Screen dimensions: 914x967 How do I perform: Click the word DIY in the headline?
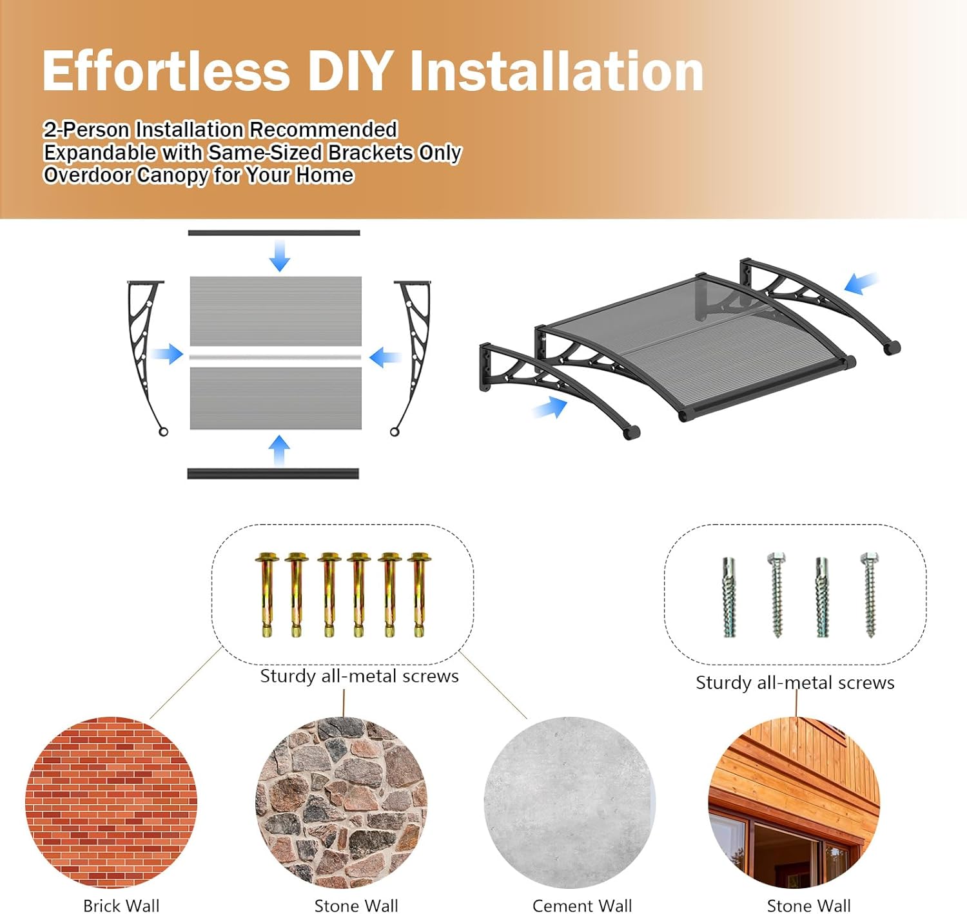[x=350, y=71]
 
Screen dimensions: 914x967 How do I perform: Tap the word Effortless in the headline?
[x=166, y=71]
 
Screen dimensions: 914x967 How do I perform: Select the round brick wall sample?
[x=111, y=802]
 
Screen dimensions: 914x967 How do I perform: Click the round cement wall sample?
[x=569, y=802]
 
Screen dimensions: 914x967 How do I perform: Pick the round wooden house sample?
[x=794, y=802]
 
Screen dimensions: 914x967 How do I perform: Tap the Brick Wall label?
[x=121, y=905]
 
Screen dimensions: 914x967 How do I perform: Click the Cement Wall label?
[x=582, y=905]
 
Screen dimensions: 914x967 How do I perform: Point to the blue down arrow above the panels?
[x=279, y=255]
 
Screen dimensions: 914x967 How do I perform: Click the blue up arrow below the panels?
[x=279, y=450]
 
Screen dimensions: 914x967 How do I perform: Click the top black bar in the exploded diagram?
[x=274, y=233]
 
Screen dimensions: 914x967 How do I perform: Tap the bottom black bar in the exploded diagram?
[x=273, y=474]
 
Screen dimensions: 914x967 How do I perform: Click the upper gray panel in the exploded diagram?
[x=275, y=311]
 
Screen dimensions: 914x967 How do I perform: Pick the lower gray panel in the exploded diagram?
[x=275, y=398]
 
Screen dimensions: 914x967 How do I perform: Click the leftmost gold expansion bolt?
[x=266, y=594]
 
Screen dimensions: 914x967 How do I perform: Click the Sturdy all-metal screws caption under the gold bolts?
[x=359, y=676]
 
